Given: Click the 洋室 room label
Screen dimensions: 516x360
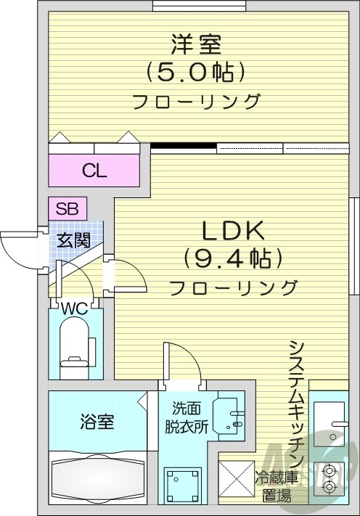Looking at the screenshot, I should pyautogui.click(x=195, y=44).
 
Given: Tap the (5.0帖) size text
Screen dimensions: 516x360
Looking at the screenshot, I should pyautogui.click(x=195, y=72).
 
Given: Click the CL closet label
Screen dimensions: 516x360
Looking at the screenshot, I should pyautogui.click(x=94, y=171).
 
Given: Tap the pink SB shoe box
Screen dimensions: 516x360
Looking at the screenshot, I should pyautogui.click(x=67, y=208).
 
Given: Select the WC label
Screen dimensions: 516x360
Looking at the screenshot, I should pyautogui.click(x=74, y=308).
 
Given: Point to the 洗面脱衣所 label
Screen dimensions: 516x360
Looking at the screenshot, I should pyautogui.click(x=190, y=417).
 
